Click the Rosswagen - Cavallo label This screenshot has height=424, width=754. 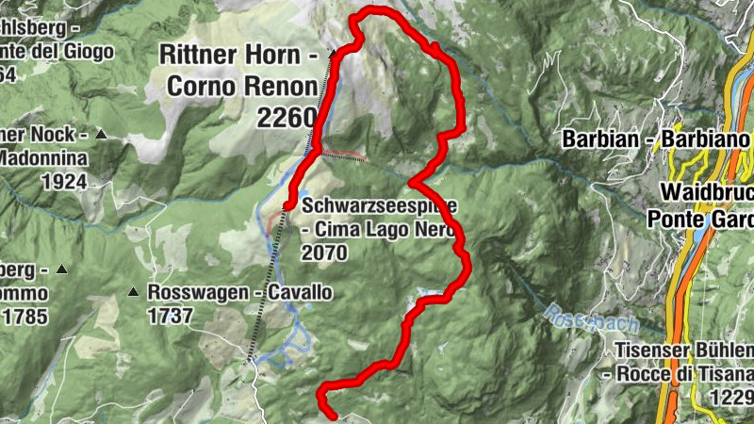coord(239,293)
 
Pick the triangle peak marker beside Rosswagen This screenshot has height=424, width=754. coord(135,292)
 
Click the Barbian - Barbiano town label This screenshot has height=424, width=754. coord(656,139)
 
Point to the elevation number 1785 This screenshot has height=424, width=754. coord(25,318)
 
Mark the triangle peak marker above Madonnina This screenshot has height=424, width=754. coord(99,135)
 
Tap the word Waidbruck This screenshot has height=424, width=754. coord(705,191)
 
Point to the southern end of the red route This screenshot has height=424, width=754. coord(332,413)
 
